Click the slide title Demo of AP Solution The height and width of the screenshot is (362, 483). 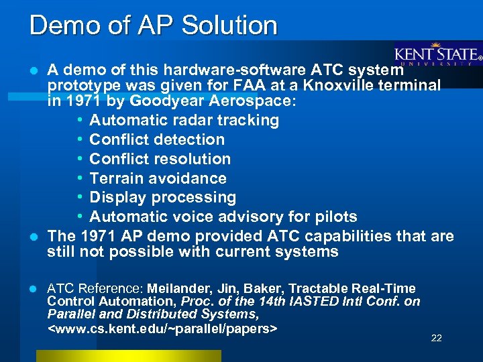[153, 25]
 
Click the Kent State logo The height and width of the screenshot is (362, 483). [437, 55]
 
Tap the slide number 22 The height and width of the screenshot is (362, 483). [436, 338]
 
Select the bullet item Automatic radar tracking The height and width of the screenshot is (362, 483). [184, 121]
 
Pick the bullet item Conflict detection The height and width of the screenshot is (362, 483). [157, 140]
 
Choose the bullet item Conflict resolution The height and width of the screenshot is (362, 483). [160, 159]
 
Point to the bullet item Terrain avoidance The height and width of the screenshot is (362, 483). [158, 178]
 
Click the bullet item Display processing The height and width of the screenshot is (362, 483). [162, 198]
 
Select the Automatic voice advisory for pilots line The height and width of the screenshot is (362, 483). [223, 217]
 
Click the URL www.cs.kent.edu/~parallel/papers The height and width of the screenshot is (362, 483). [163, 329]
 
